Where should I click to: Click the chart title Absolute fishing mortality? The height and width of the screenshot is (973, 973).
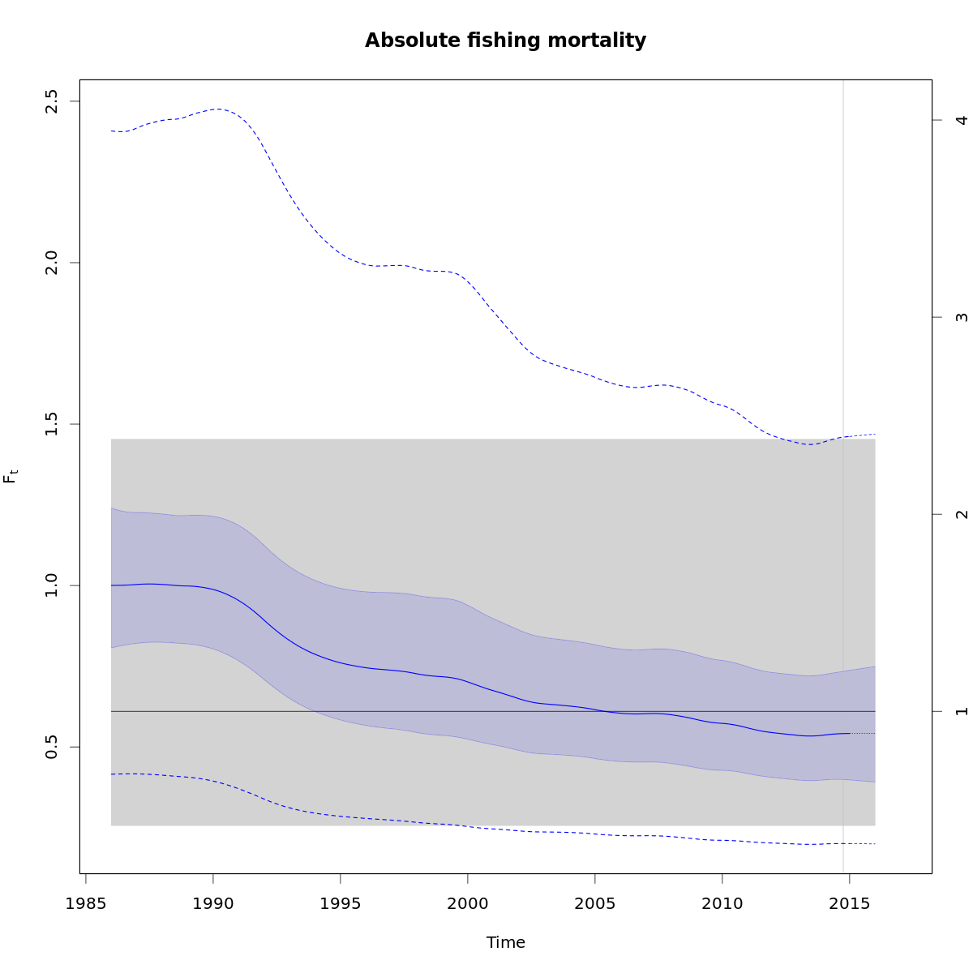505,41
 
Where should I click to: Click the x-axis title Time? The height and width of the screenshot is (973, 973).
505,942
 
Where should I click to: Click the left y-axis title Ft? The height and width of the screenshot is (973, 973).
11,476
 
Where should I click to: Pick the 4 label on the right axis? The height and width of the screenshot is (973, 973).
962,120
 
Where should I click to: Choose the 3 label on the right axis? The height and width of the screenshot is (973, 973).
962,317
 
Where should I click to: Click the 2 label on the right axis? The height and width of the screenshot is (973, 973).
962,514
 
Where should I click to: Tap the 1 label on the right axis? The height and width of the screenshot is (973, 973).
962,711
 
